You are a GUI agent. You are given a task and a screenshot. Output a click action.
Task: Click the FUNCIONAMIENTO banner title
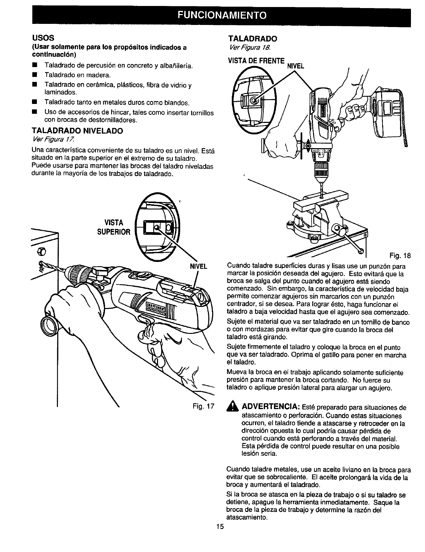pos(212,16)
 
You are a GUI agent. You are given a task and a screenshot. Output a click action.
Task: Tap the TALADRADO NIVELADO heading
pos(78,131)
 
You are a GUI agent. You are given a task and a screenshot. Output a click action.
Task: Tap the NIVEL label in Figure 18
pos(295,65)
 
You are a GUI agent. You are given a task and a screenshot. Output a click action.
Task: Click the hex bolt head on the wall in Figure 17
pos(41,251)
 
